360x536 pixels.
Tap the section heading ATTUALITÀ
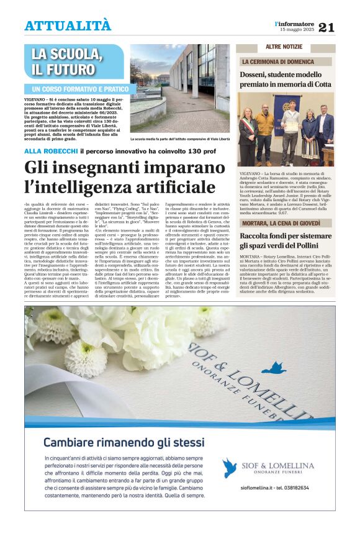pyautogui.click(x=68, y=25)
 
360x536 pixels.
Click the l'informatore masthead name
pyautogui.click(x=294, y=23)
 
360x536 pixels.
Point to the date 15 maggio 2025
pyautogui.click(x=297, y=30)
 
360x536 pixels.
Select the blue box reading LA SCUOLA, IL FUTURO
pyautogui.click(x=68, y=61)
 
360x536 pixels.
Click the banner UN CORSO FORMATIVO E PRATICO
pyautogui.click(x=77, y=89)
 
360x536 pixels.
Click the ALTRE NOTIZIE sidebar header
pyautogui.click(x=283, y=48)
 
